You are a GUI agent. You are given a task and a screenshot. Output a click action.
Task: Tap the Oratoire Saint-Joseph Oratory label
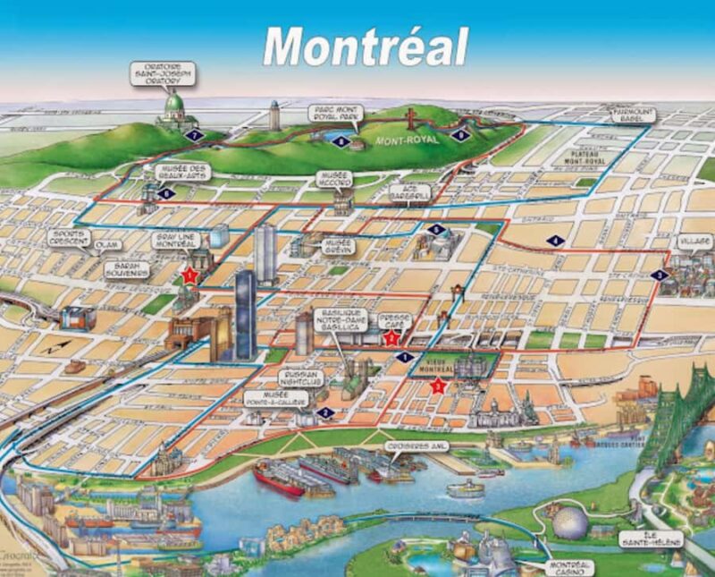164,74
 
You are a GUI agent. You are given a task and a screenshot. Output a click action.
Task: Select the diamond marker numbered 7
197,135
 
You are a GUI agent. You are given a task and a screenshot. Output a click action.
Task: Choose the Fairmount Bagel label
632,115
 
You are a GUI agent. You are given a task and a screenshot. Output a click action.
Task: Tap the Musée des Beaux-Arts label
182,172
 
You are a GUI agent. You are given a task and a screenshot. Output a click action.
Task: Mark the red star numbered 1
189,276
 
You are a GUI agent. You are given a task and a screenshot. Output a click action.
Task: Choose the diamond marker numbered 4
555,240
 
